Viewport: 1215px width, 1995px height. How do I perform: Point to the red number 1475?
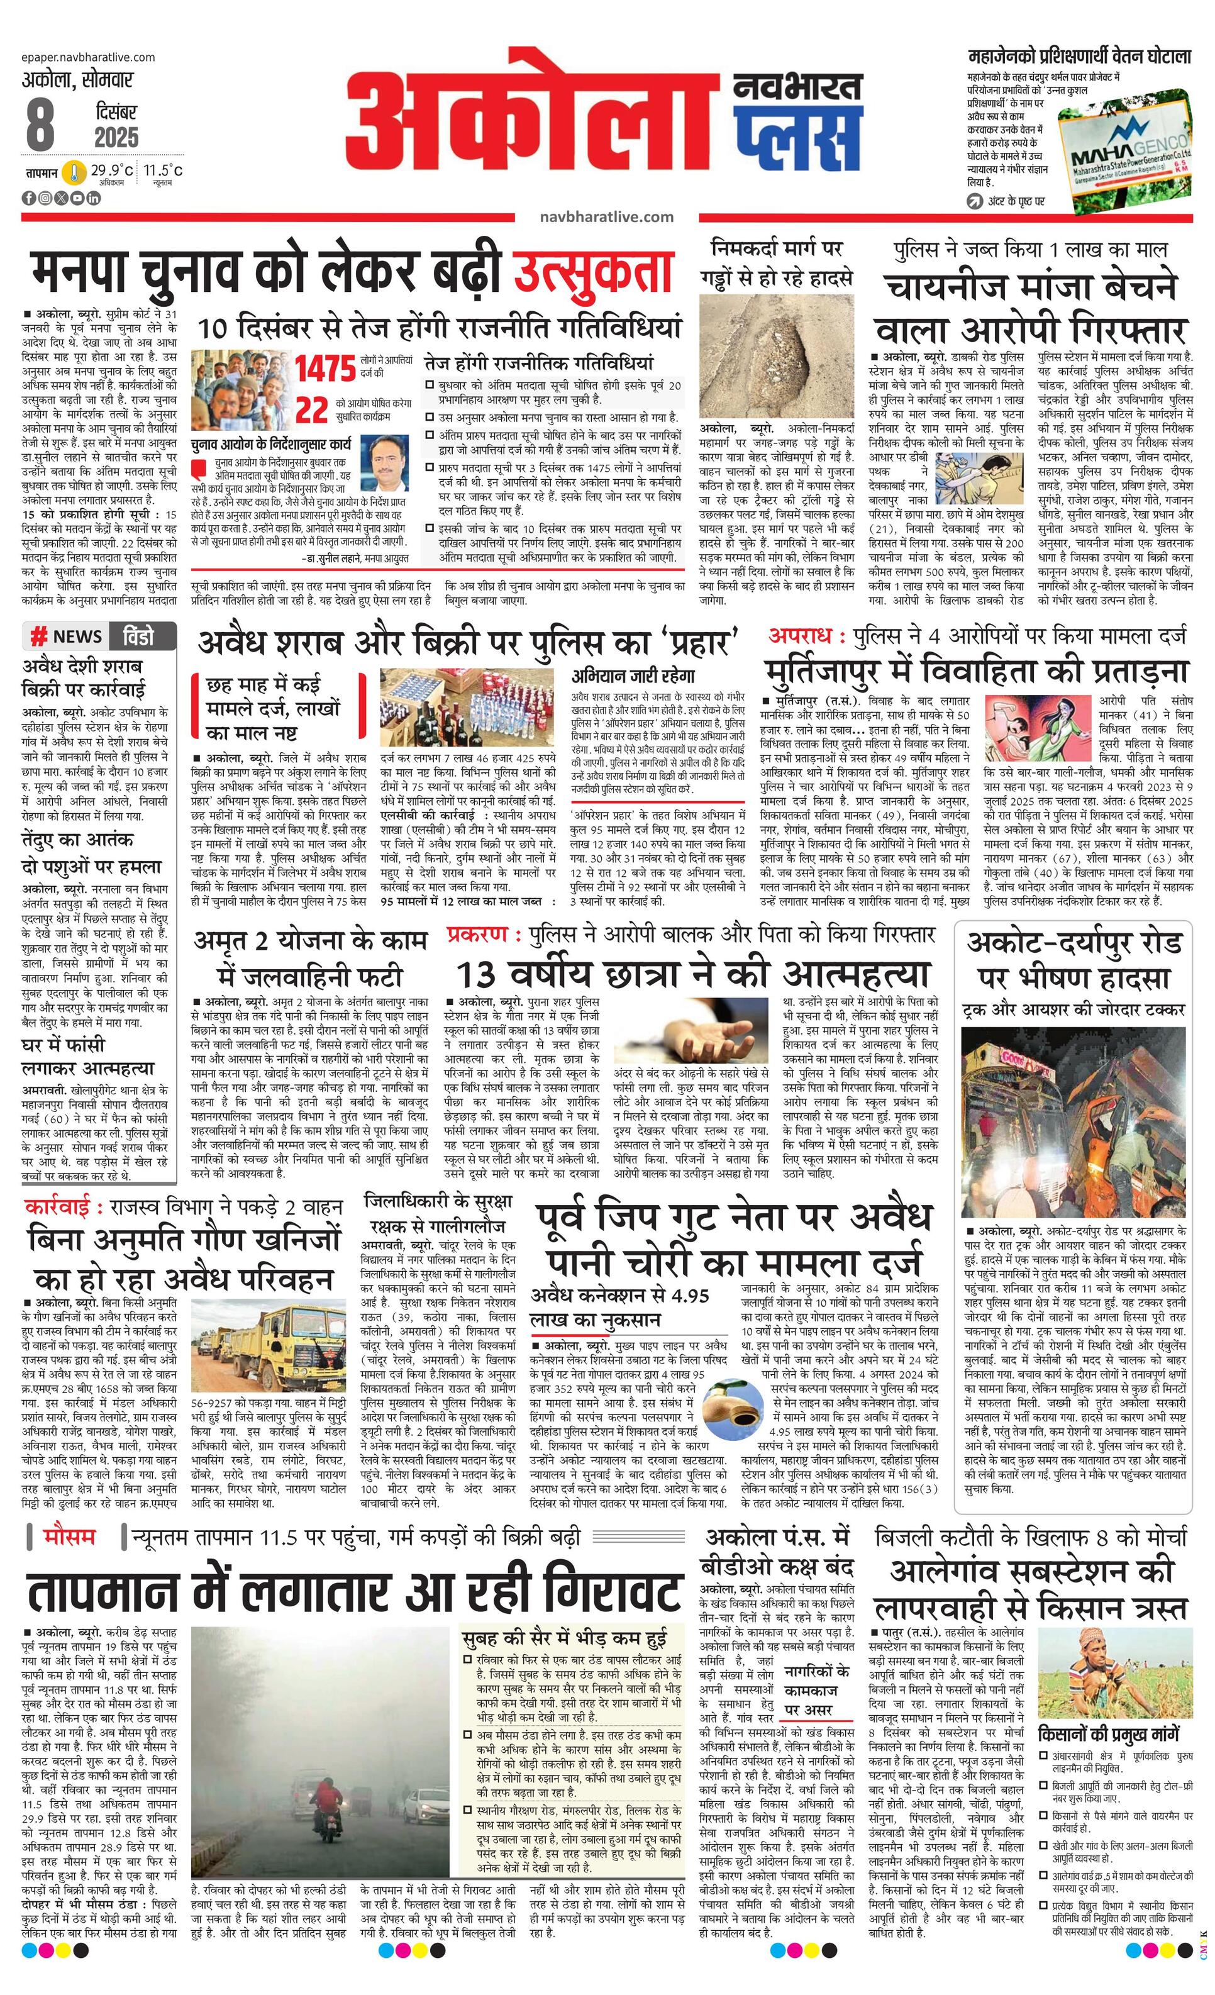[325, 369]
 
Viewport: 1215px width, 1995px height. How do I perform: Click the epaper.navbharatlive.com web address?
[89, 57]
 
